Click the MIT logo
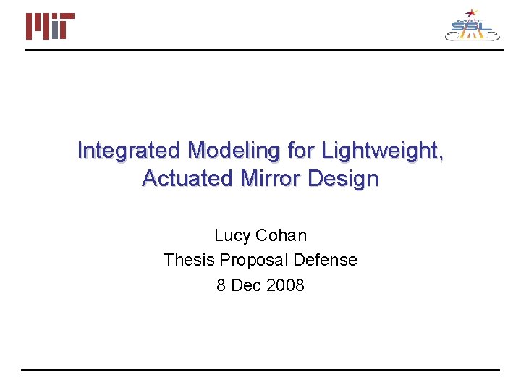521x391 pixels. point(50,26)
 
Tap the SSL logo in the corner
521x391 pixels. point(472,26)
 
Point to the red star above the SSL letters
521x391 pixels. point(472,12)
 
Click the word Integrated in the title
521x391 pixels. point(129,151)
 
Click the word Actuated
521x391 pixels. point(184,178)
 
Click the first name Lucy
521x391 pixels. point(232,236)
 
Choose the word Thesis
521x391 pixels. point(189,261)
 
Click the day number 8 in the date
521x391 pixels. point(221,285)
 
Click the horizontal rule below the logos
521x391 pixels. point(260,49)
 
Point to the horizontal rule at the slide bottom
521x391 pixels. point(260,371)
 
